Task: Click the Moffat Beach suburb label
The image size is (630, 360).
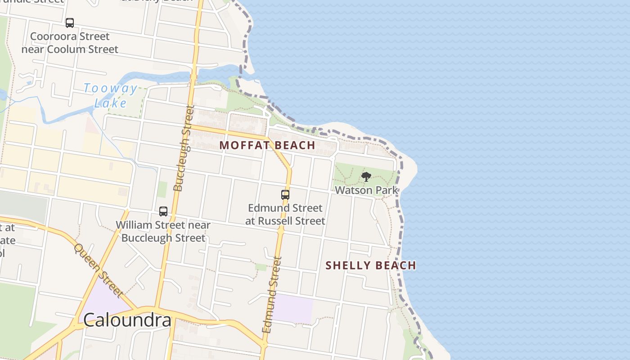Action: point(267,145)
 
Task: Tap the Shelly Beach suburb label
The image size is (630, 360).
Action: point(371,265)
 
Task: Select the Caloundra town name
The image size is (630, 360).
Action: point(127,320)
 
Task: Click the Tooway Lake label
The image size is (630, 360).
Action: point(110,95)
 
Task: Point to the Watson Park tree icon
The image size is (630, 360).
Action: point(366,177)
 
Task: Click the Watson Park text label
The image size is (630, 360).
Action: point(366,190)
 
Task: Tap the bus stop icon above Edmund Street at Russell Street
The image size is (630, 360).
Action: point(285,195)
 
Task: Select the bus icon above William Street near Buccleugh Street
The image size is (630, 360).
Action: point(163,211)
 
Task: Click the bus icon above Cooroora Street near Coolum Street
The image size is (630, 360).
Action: point(70,23)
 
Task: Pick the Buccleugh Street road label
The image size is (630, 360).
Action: point(184,148)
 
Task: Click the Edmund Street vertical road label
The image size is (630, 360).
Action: point(272,295)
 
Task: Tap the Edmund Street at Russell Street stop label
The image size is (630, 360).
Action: point(285,214)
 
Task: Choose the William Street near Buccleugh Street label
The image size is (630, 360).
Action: point(163,231)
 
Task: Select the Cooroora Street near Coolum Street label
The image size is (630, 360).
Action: point(70,43)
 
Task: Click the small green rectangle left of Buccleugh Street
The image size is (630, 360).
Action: point(162,189)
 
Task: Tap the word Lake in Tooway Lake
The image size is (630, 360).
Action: point(111,103)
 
